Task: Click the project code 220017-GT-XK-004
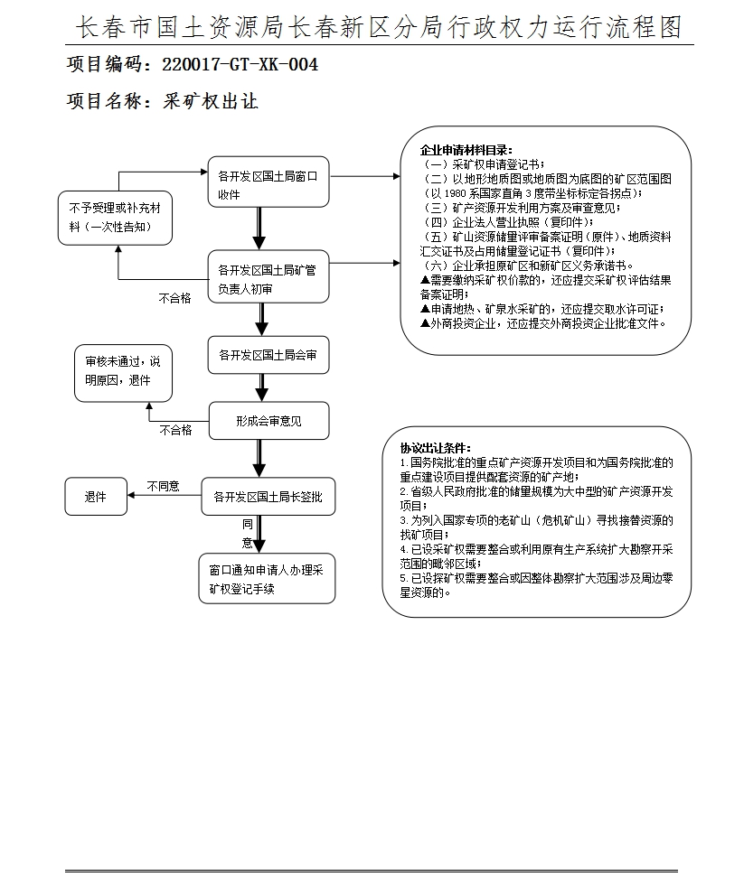[240, 66]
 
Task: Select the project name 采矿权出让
[210, 101]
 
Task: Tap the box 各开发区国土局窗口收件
[268, 184]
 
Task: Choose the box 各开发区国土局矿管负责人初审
[268, 278]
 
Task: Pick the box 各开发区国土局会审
[268, 356]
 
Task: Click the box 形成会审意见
[268, 421]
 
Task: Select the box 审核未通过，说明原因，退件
[122, 371]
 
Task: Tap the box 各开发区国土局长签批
[268, 496]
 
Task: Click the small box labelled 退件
[96, 497]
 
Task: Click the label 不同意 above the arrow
[163, 486]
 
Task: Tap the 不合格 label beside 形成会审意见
[175, 431]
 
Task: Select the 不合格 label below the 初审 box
[174, 298]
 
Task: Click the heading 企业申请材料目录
[466, 150]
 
